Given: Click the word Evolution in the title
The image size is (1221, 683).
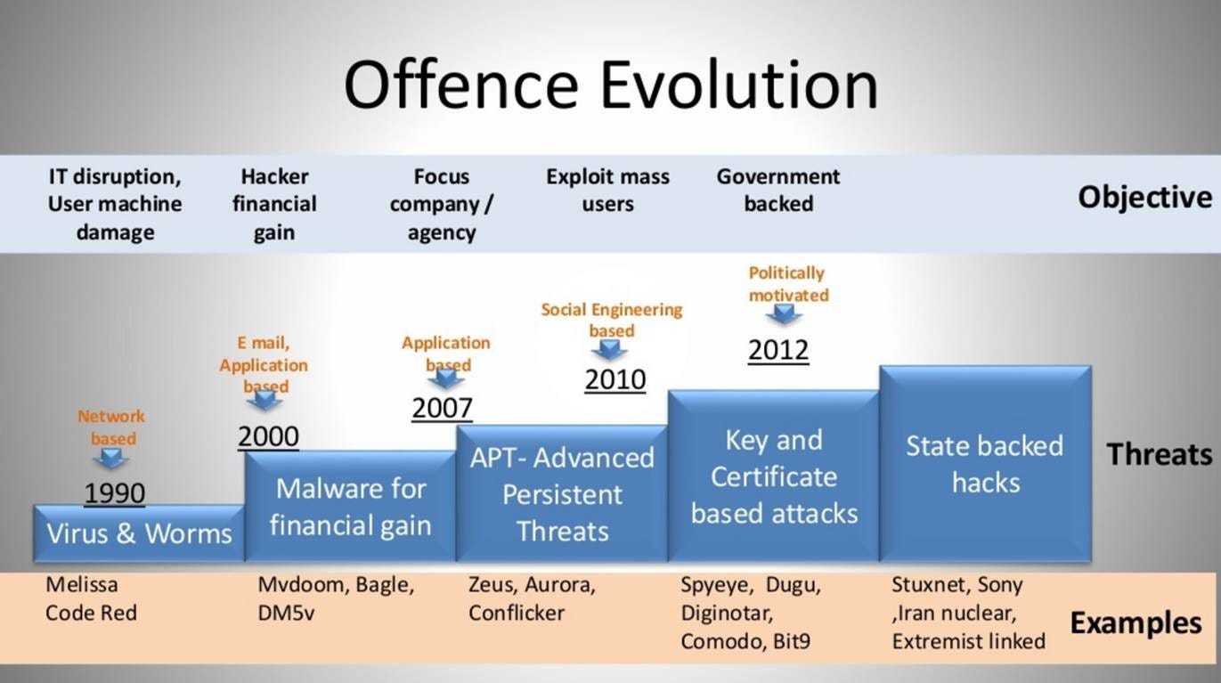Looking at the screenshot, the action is click(739, 85).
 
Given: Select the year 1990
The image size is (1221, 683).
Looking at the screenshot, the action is click(115, 493).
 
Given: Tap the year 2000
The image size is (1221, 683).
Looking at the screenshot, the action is click(268, 436).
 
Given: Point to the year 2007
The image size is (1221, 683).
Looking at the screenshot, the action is click(442, 408).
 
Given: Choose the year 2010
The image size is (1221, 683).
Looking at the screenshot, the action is click(615, 379).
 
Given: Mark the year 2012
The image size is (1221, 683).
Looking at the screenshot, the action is click(778, 350).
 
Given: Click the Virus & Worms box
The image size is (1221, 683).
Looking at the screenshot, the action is click(138, 533).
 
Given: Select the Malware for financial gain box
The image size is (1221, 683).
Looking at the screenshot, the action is click(350, 507).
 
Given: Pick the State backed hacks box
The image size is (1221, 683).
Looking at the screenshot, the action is click(985, 464).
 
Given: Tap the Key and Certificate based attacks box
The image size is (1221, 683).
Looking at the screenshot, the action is click(774, 476).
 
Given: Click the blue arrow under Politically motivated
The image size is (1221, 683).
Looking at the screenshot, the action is click(784, 314).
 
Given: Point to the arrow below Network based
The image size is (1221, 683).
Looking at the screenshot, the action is click(111, 459).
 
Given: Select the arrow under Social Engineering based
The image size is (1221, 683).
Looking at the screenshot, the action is click(609, 350).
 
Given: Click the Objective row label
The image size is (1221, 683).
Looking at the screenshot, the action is click(1144, 197).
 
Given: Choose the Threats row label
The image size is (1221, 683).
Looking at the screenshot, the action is click(1160, 454).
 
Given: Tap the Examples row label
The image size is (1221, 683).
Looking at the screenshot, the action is click(1136, 622).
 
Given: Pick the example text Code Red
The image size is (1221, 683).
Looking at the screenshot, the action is click(91, 613).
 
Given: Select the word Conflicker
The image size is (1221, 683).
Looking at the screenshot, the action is click(517, 613).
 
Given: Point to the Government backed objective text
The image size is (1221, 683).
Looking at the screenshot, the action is click(778, 190).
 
